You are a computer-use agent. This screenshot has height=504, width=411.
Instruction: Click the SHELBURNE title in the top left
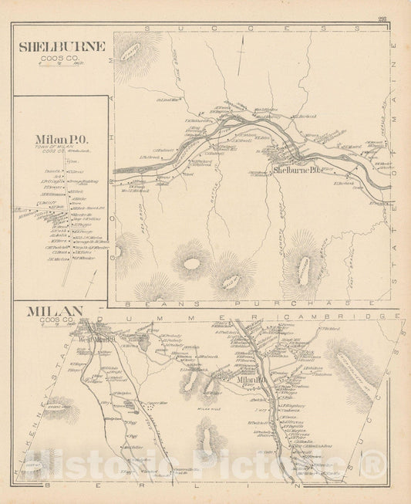(x=62, y=46)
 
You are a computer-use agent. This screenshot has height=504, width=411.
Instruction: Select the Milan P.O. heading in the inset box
(x=62, y=140)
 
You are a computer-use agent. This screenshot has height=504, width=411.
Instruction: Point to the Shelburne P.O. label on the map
(x=297, y=170)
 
